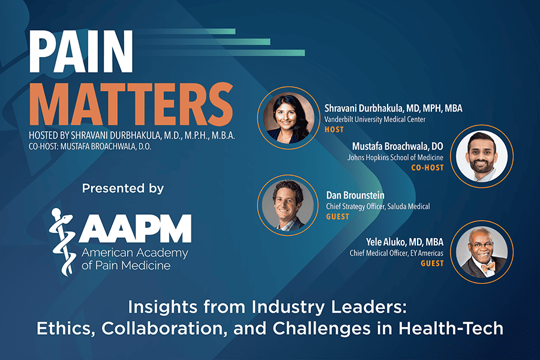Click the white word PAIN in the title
81,52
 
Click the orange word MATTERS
131,104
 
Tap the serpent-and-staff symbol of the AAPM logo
62,242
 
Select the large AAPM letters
135,229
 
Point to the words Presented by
123,188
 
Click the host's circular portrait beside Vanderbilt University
289,118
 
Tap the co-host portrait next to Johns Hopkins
482,157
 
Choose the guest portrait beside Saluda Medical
287,205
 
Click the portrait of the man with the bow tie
482,252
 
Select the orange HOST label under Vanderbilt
334,130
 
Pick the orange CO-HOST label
427,168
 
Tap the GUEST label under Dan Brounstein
337,217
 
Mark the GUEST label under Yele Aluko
432,263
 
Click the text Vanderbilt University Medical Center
375,119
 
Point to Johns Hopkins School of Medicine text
395,157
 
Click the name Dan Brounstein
355,196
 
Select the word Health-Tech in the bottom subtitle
451,328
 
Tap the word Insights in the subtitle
163,307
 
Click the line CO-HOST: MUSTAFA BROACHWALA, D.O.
90,147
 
